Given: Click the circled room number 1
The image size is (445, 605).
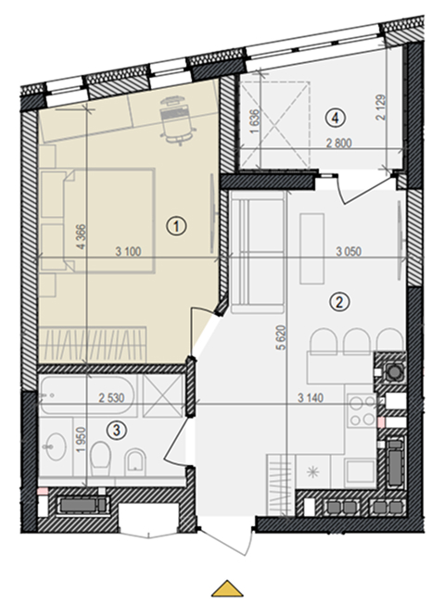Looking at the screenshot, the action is [x=176, y=226].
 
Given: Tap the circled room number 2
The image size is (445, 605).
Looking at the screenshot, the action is [x=339, y=302].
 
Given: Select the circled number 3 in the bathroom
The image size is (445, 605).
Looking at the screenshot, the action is [x=117, y=430].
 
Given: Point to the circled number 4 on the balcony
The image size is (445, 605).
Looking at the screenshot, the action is [x=335, y=118].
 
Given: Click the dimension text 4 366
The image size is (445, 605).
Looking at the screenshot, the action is [x=82, y=236].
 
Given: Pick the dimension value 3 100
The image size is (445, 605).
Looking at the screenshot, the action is [x=129, y=252].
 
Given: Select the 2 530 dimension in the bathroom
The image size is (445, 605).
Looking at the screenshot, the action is [x=111, y=397].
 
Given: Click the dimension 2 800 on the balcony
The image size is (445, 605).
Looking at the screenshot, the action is [x=339, y=144].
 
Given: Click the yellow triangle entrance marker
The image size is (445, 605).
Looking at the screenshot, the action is [x=227, y=588].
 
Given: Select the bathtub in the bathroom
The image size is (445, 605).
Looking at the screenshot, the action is [x=88, y=395].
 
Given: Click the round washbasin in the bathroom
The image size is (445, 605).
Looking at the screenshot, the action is [x=57, y=447].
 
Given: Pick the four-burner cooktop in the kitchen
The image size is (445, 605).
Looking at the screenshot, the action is [x=362, y=410].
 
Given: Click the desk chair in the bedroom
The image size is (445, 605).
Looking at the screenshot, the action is [x=176, y=120].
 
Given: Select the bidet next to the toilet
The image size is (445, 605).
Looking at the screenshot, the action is [x=135, y=460].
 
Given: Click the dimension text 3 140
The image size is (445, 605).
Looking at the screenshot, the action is [x=311, y=397].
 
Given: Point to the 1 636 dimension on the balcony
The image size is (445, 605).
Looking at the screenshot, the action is [x=255, y=121].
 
